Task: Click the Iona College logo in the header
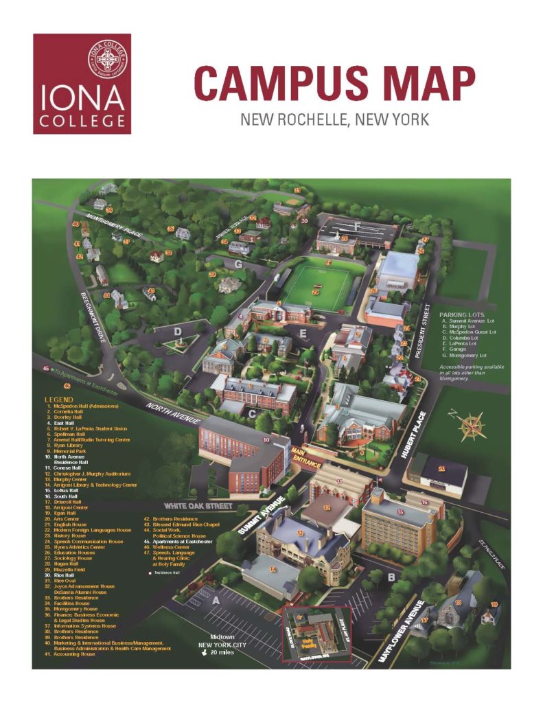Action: coord(82,84)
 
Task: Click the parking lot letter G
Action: coord(238,263)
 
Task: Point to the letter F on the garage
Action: coord(357,224)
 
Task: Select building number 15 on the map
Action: coord(400,512)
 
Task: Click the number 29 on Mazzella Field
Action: coord(315,292)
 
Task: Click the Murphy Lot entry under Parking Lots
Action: coord(467,325)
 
